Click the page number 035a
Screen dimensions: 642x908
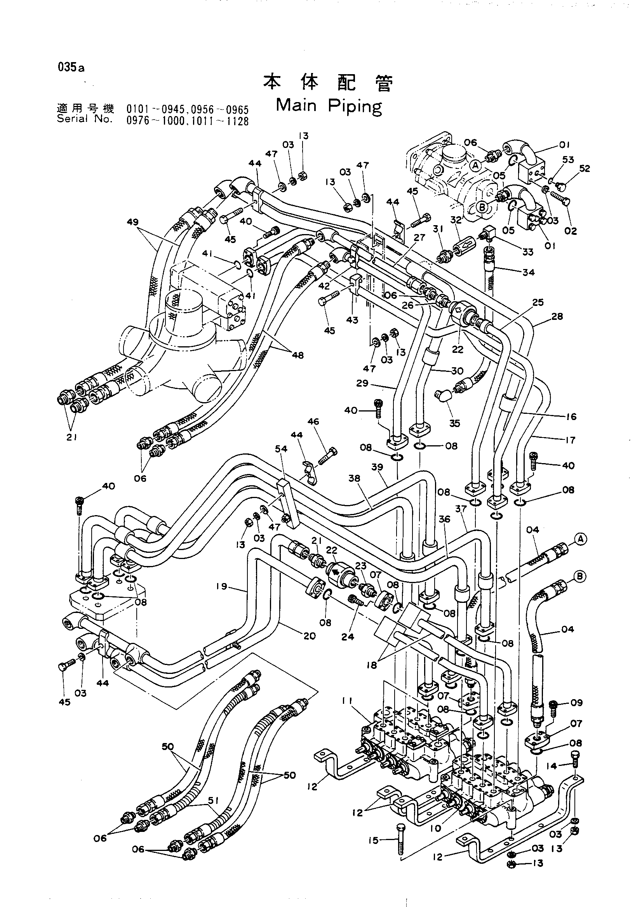pos(71,67)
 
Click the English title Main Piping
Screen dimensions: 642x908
pos(329,106)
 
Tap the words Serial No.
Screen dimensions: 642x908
pos(85,118)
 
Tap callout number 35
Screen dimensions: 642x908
pos(455,423)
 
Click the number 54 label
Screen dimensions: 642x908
pos(282,449)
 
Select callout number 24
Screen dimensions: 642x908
pos(348,637)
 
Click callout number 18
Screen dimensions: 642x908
pos(371,665)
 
